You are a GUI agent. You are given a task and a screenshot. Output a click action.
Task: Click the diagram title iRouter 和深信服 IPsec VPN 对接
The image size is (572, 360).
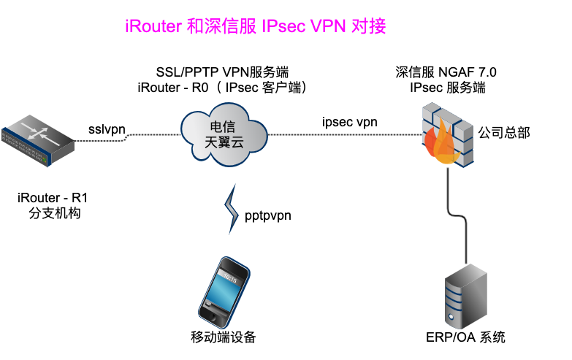pos(255,26)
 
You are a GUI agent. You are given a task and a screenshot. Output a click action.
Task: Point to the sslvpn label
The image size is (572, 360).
pos(107,129)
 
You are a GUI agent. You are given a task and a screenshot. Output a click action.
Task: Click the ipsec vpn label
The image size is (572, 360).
pos(350,122)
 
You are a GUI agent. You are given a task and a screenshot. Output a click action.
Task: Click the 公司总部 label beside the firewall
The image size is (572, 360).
pos(504,132)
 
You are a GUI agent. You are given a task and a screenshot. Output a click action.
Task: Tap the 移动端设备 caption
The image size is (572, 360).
pos(224,337)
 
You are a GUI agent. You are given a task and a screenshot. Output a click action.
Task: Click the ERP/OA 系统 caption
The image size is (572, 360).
pos(465,337)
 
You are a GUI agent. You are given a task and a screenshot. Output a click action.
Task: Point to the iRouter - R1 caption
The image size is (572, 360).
pos(47,198)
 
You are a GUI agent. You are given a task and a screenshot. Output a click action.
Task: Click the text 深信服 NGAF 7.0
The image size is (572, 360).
pos(446,72)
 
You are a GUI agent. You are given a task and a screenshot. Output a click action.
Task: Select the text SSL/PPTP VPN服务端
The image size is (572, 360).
pos(223,72)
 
